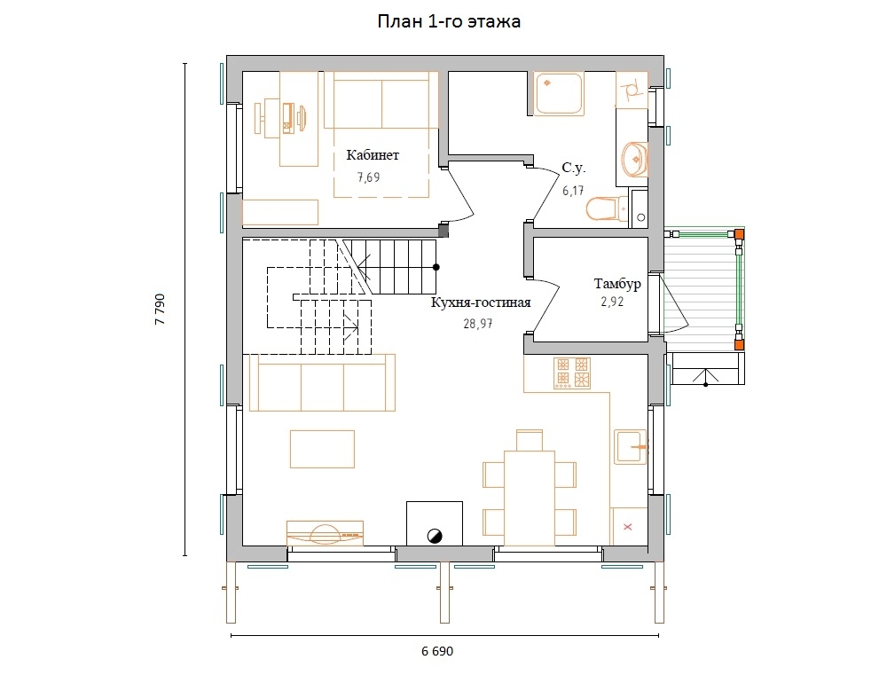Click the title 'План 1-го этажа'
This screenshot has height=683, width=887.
(449, 21)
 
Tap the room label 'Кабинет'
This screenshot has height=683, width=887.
(373, 155)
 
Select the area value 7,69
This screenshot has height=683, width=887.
(368, 177)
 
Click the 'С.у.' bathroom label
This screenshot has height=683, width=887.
(574, 168)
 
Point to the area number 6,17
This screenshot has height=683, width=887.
(572, 191)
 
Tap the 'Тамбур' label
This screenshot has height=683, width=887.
(617, 284)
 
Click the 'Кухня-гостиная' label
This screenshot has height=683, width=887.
(481, 302)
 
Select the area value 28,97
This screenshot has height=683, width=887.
(477, 324)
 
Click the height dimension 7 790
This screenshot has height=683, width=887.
(160, 309)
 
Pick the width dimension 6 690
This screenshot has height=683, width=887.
(437, 651)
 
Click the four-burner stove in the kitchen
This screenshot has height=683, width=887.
(572, 373)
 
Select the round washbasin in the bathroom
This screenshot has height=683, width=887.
(635, 159)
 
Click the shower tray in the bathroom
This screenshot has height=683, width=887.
(558, 94)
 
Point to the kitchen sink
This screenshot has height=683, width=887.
(630, 447)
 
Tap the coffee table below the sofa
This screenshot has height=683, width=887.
(323, 449)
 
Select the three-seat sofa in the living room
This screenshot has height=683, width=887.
(322, 382)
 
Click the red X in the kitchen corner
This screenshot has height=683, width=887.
(627, 527)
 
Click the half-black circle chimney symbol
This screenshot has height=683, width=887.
(435, 536)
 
